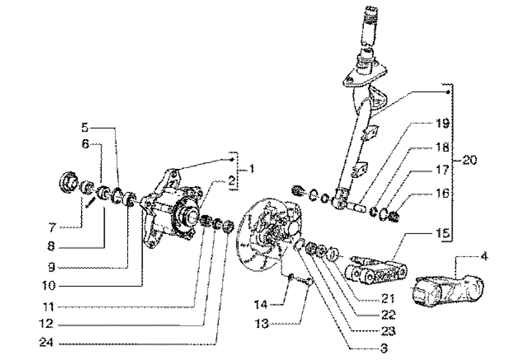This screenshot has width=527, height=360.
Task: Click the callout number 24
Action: tap(46, 342)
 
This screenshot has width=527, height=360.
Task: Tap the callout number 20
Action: tap(470, 160)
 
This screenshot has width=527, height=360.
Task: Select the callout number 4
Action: tap(484, 256)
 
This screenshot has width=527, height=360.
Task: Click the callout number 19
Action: tap(443, 123)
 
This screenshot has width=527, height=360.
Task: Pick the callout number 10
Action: tap(49, 286)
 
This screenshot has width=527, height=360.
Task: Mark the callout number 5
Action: tap(85, 128)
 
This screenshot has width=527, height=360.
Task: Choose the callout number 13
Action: tap(262, 324)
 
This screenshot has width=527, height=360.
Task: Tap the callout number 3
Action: tap(384, 348)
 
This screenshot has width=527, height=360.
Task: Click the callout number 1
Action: tap(251, 169)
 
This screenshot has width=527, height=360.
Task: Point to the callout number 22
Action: tap(388, 315)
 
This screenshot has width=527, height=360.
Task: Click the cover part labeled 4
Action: tap(448, 291)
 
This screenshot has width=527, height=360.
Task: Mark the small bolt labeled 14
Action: tap(292, 276)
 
